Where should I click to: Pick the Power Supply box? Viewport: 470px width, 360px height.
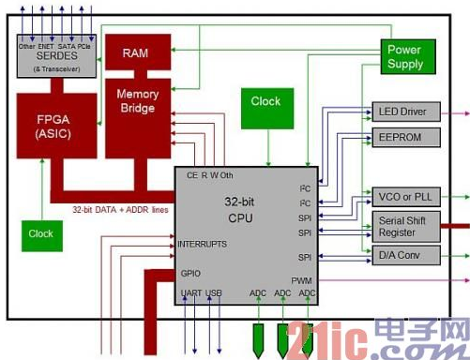point(404,57)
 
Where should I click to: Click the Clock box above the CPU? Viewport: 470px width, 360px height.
point(265,102)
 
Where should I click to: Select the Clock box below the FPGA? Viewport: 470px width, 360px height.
point(40,233)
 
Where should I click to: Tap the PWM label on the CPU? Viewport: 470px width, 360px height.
point(300,280)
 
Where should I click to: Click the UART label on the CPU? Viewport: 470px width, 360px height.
point(191,294)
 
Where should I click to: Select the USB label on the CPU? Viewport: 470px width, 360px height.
point(214,294)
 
